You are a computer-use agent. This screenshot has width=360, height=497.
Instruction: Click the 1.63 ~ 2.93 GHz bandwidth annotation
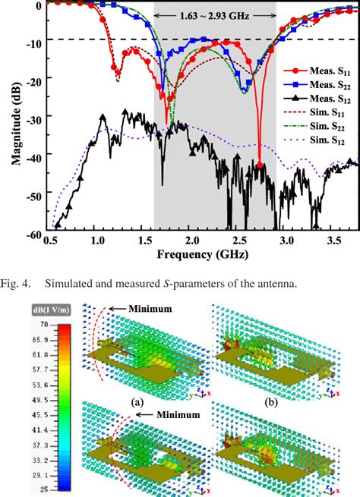[x=215, y=15]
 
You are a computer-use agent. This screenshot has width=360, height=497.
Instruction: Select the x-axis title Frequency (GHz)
[x=195, y=255]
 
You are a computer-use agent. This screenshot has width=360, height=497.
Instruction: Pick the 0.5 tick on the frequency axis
[x=51, y=241]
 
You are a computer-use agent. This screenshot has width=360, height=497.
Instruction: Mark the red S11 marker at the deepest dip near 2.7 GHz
[x=260, y=165]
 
